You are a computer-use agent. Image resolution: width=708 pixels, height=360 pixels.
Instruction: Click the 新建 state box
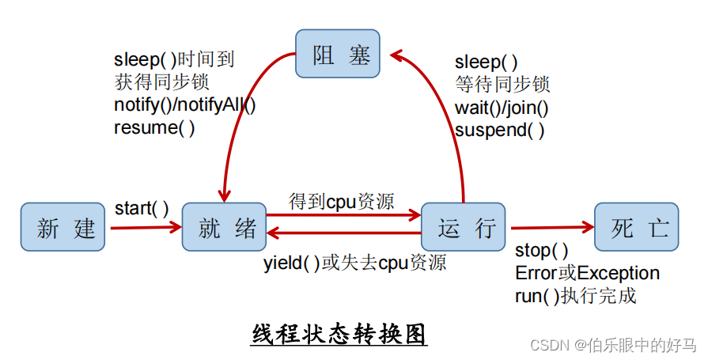pos(62,228)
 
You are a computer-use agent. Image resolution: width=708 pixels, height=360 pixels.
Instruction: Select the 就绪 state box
pos(224,229)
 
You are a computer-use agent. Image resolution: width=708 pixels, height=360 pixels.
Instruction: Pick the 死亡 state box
pos(637,228)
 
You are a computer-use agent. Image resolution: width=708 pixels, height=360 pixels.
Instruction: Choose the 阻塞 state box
pos(338,54)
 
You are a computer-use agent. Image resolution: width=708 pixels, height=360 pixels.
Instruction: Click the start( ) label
pos(142,208)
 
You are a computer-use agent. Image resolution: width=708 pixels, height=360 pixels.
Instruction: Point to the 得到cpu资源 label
pos(342,201)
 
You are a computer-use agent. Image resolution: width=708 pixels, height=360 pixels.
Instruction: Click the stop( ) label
pos(541,251)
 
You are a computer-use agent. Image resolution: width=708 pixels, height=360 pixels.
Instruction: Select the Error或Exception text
pos(587,273)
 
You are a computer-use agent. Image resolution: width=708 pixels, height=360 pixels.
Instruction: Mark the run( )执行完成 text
pos(575,296)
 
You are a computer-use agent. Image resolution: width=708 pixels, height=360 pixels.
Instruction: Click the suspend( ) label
pos(499,131)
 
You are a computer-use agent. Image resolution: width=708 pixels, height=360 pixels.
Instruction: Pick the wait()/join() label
pos(502,108)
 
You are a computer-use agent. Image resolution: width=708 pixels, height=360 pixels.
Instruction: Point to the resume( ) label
pos(154,127)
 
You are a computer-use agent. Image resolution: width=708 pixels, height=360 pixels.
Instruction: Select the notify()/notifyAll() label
pos(185,104)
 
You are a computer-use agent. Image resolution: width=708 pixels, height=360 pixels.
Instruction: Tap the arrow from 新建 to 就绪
pos(146,228)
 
